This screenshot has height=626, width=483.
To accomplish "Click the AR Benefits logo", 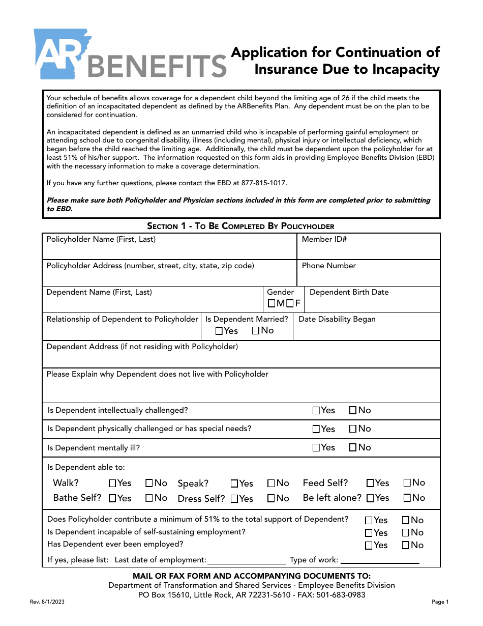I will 130,55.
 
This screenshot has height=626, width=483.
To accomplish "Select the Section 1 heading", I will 240,226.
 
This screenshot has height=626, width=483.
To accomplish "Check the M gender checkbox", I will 272,304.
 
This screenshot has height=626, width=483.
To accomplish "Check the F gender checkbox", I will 290,304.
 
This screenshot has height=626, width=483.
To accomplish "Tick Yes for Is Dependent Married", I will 219,331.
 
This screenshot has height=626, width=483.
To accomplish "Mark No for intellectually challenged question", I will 353,410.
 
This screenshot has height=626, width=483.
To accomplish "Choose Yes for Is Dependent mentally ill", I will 316,448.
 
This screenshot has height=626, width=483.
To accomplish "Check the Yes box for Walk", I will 112,483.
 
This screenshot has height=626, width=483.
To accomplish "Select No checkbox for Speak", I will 271,483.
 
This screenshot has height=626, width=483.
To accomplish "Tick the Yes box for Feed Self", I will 371,483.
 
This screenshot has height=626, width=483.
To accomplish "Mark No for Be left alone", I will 407,498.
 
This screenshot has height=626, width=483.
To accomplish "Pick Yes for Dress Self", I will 234,499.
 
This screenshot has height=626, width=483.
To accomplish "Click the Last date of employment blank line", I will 247,560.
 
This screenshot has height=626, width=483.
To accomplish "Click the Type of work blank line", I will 380,560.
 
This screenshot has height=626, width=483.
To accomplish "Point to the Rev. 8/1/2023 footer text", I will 47,602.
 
